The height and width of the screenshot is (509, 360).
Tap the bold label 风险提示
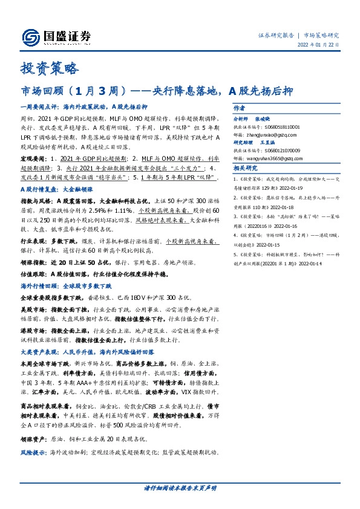tap(33, 452)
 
